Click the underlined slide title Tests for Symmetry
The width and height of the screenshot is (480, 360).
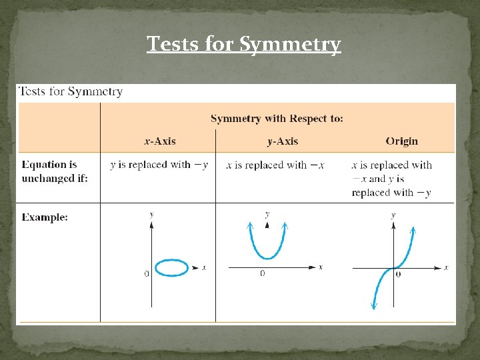(x=243, y=44)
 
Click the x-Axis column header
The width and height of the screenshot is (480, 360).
(x=160, y=141)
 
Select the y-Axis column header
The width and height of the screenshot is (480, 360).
(x=282, y=141)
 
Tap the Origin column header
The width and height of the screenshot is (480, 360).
(x=401, y=141)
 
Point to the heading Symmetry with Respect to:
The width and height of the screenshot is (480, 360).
(x=277, y=119)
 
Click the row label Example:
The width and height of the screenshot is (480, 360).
(x=45, y=217)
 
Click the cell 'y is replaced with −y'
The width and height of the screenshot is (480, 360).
(x=159, y=165)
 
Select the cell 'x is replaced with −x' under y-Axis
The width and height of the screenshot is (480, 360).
(x=275, y=165)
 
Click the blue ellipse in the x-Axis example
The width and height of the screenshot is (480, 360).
(x=172, y=268)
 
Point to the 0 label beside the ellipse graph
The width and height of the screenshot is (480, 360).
(x=147, y=274)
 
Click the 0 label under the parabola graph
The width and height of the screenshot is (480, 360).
(x=262, y=274)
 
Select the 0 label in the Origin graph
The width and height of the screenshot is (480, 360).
(x=398, y=273)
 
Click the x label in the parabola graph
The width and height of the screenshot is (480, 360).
(x=321, y=267)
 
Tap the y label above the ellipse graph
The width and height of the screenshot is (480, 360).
(x=152, y=215)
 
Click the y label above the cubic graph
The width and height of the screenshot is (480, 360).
(x=393, y=215)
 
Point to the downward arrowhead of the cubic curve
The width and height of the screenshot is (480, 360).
(x=374, y=305)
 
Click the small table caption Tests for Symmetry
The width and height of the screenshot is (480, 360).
(x=71, y=92)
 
